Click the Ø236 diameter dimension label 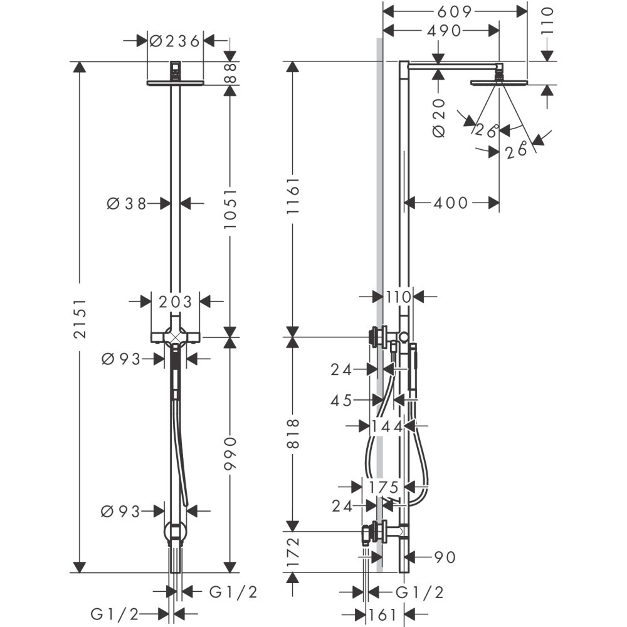click(175, 41)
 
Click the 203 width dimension click(175, 302)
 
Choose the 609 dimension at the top click(455, 11)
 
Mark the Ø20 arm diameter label click(439, 117)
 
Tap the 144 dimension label click(386, 426)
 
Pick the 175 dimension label click(384, 487)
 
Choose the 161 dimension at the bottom click(384, 614)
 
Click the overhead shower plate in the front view click(175, 82)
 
